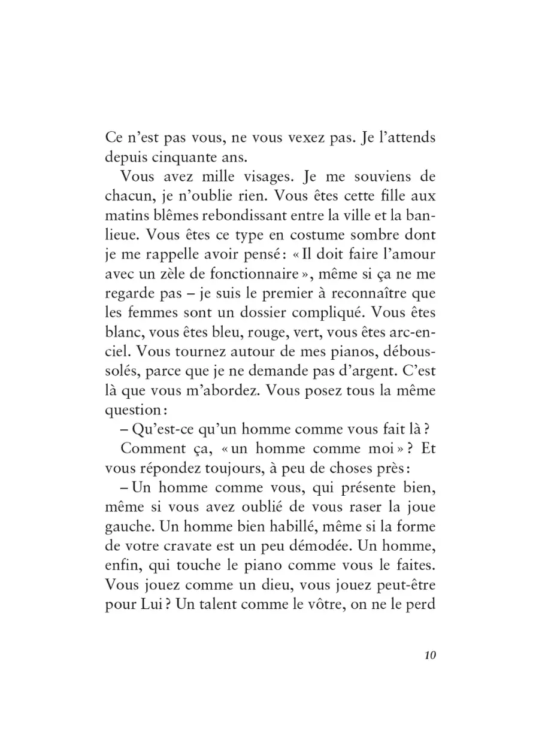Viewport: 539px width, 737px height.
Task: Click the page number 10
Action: (429, 654)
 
